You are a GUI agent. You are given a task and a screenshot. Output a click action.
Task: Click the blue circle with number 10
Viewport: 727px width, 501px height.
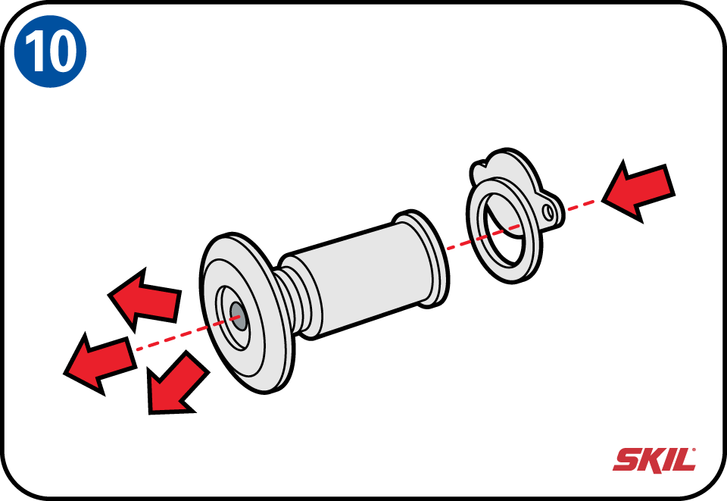tap(50, 51)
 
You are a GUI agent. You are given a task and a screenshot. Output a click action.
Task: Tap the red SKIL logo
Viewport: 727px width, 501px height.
tap(654, 460)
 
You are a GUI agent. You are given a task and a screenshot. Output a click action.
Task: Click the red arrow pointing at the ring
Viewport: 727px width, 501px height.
tap(638, 191)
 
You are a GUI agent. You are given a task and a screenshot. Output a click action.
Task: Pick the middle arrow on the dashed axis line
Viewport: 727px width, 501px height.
tap(100, 363)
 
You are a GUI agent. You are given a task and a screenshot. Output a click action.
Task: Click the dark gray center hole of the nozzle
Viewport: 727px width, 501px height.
tap(239, 316)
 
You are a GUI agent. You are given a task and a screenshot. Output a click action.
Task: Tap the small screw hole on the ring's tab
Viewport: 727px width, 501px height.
tap(548, 212)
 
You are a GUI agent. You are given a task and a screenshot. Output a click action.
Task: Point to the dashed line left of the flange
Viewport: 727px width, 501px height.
tap(173, 338)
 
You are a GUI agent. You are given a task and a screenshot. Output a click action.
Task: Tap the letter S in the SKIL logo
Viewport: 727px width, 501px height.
tap(628, 460)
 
